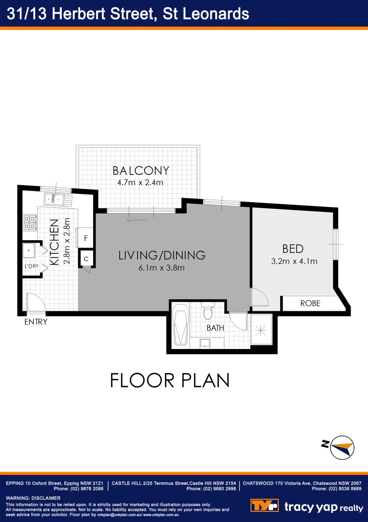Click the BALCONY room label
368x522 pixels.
pyautogui.click(x=141, y=171)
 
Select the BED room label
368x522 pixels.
pyautogui.click(x=293, y=249)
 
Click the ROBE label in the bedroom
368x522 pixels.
pyautogui.click(x=310, y=304)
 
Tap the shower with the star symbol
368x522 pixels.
pyautogui.click(x=261, y=331)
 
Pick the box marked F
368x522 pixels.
pyautogui.click(x=86, y=238)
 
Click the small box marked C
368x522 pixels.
pyautogui.click(x=86, y=259)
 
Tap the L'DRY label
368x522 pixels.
pyautogui.click(x=31, y=266)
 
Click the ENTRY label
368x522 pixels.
pyautogui.click(x=36, y=322)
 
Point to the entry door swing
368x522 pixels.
pyautogui.click(x=35, y=303)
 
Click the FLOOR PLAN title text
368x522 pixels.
pyautogui.click(x=170, y=380)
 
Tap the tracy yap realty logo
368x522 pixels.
pyautogui.click(x=307, y=507)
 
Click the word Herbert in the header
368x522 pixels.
pyautogui.click(x=82, y=14)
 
